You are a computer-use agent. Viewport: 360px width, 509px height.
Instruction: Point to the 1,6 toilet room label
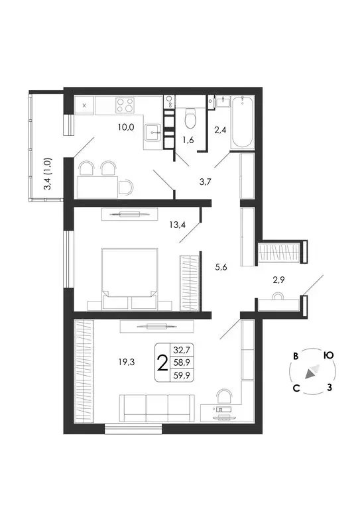point(189,140)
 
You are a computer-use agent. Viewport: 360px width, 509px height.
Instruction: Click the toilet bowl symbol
point(191,118)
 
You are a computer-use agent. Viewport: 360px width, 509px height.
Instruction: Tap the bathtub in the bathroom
point(243,123)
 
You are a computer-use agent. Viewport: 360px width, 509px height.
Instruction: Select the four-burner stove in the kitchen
point(124,105)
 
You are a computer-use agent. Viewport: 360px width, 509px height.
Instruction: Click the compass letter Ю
point(328,355)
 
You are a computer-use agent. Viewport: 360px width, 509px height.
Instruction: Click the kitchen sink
point(155,131)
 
